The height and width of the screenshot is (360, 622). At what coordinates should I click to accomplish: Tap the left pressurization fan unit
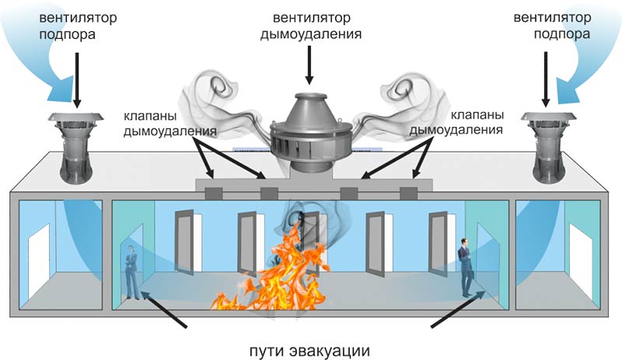click(x=75, y=148)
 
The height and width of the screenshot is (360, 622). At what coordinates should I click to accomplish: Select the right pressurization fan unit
click(x=548, y=148)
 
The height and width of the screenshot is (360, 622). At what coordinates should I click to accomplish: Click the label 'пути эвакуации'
click(x=309, y=351)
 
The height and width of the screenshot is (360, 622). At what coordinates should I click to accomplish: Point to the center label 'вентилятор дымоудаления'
click(x=310, y=26)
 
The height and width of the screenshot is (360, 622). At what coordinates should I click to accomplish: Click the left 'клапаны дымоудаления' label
click(x=169, y=124)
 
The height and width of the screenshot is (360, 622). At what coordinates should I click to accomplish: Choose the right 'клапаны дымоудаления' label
click(x=456, y=122)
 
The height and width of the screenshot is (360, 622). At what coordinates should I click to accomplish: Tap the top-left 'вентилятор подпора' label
click(x=78, y=26)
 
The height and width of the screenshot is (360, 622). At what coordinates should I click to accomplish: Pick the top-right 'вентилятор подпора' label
click(x=552, y=26)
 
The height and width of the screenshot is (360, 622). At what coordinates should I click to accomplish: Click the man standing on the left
click(x=132, y=272)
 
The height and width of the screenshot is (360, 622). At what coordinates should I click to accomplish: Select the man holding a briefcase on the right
click(x=465, y=267)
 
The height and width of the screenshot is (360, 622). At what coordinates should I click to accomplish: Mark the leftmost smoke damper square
click(x=213, y=194)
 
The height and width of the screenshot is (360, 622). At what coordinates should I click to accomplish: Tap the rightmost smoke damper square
click(x=409, y=194)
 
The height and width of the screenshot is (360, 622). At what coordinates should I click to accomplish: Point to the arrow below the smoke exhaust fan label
click(x=309, y=65)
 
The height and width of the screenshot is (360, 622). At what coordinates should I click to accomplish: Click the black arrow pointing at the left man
click(x=163, y=309)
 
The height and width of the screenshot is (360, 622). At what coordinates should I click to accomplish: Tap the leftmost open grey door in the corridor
click(x=184, y=242)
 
